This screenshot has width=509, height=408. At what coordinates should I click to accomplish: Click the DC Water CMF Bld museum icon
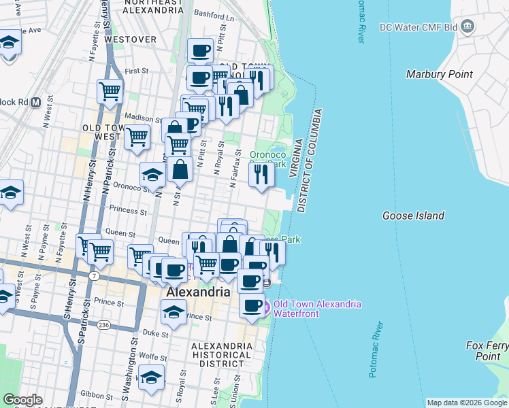coord(467,27)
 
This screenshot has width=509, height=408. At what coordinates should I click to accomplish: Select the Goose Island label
coord(413,216)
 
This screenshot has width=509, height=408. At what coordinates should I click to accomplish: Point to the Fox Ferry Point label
coord(487,351)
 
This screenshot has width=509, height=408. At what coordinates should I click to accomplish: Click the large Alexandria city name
coord(197,291)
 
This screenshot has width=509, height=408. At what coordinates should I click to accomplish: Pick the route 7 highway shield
coord(94,275)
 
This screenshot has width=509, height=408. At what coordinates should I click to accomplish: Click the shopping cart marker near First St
coord(110,90)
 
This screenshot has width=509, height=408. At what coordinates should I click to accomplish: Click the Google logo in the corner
coord(22,400)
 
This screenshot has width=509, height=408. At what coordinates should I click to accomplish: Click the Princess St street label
coord(123,211)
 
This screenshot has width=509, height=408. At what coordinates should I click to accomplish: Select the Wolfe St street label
coord(153,356)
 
